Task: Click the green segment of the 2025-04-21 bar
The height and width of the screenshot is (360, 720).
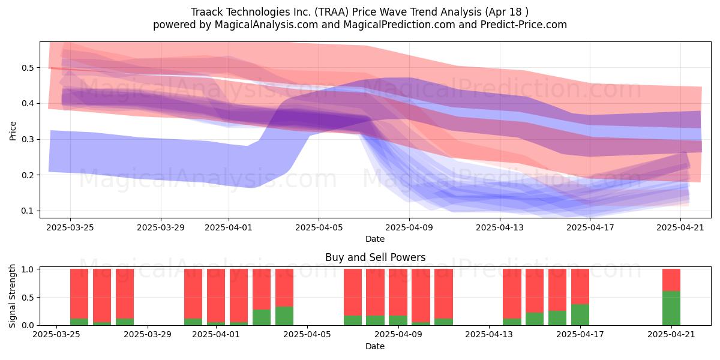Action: coord(671,308)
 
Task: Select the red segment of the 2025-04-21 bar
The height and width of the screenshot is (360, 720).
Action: coord(671,280)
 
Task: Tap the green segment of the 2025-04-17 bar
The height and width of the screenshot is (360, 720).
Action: coord(580,314)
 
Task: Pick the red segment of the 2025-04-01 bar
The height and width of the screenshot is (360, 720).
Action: coord(216,295)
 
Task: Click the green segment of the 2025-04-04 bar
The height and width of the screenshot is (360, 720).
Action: coord(284,316)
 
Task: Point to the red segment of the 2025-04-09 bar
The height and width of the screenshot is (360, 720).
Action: coord(398,292)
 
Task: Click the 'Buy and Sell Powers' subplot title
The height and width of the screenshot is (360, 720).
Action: coord(375,257)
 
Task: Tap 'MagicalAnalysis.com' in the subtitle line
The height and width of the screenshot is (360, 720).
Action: coord(266,25)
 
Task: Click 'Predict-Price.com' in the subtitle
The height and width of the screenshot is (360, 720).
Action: coord(524,25)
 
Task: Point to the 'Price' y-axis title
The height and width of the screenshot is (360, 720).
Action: coord(13,131)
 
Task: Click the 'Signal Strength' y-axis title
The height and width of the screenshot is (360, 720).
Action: coord(12,296)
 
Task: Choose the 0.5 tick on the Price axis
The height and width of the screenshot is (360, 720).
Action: coord(28,68)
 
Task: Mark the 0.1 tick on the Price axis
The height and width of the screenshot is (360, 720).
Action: coord(28,211)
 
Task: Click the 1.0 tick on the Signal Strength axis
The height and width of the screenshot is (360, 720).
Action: coord(28,269)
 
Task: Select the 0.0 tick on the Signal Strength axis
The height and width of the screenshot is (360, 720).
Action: coord(28,325)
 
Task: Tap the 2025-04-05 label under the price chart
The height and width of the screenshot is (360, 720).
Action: coord(319,227)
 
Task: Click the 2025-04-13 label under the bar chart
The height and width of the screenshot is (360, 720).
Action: coord(489,334)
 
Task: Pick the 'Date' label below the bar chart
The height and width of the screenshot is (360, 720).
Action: coord(375,346)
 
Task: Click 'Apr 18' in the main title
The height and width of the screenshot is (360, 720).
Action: coord(504,12)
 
